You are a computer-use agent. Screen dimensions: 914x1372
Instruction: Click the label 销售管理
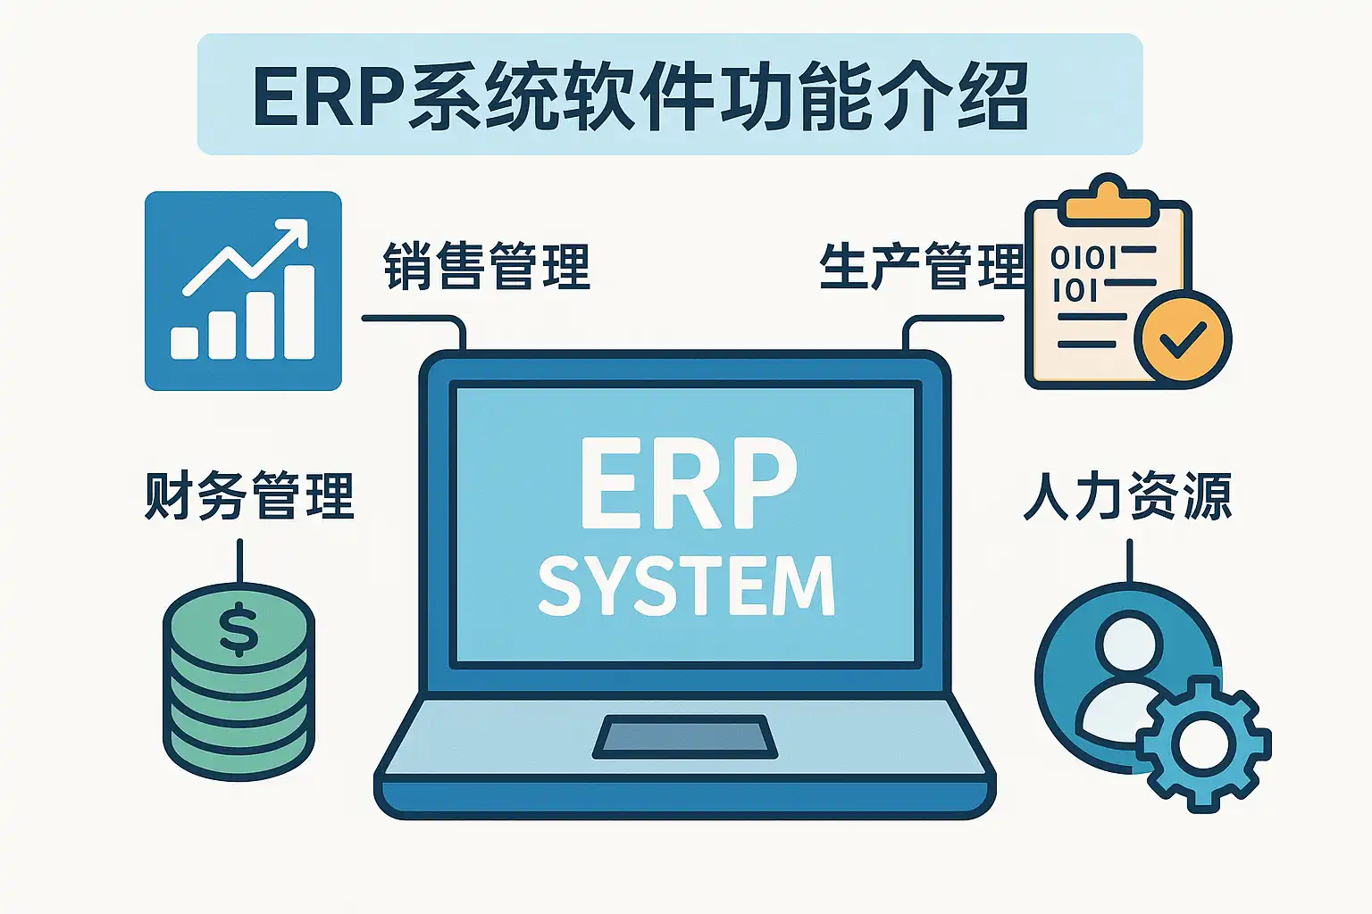tap(487, 267)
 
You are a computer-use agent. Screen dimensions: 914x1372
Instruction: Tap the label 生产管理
tap(921, 267)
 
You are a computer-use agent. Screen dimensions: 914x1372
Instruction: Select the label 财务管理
tap(249, 496)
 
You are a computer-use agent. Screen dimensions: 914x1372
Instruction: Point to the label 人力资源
tap(1127, 496)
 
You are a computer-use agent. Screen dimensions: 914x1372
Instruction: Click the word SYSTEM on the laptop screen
tap(686, 586)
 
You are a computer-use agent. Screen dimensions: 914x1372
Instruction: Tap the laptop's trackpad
tap(685, 736)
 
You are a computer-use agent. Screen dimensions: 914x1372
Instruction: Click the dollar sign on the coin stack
tap(238, 628)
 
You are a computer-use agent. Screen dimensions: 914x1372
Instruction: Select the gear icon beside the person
tap(1202, 744)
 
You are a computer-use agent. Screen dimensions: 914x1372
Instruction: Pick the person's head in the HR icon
tap(1129, 642)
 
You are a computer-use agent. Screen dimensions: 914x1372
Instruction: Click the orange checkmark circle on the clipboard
tap(1182, 338)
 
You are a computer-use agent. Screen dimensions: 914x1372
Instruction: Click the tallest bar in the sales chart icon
tap(297, 312)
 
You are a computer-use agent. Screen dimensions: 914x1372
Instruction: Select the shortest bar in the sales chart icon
tap(184, 343)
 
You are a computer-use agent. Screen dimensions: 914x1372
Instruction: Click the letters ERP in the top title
tap(327, 96)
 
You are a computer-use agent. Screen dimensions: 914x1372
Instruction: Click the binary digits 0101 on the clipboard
tap(1083, 258)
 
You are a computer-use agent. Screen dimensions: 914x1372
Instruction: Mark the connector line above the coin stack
tap(239, 561)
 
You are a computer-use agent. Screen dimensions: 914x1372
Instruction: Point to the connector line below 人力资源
tap(1129, 561)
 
